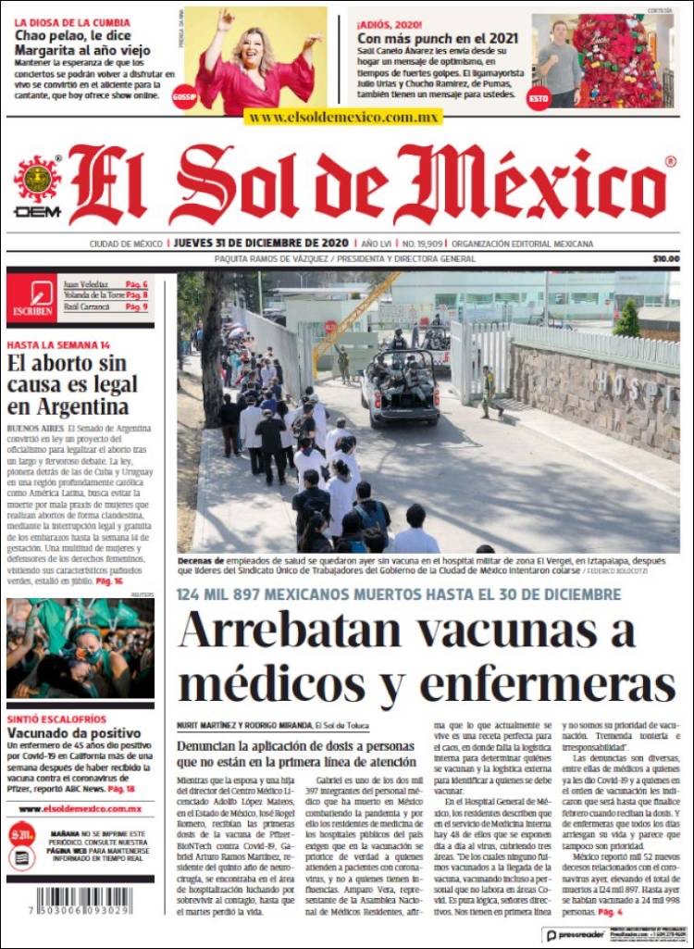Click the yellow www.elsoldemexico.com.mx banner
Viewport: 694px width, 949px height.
tap(343, 118)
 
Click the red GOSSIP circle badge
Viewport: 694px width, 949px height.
tap(184, 96)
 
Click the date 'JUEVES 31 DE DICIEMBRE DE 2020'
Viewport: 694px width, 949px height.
tap(261, 243)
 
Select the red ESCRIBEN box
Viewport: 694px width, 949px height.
tap(31, 298)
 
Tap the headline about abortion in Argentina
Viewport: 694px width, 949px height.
tap(72, 383)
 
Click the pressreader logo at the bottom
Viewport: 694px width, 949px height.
tap(574, 935)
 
